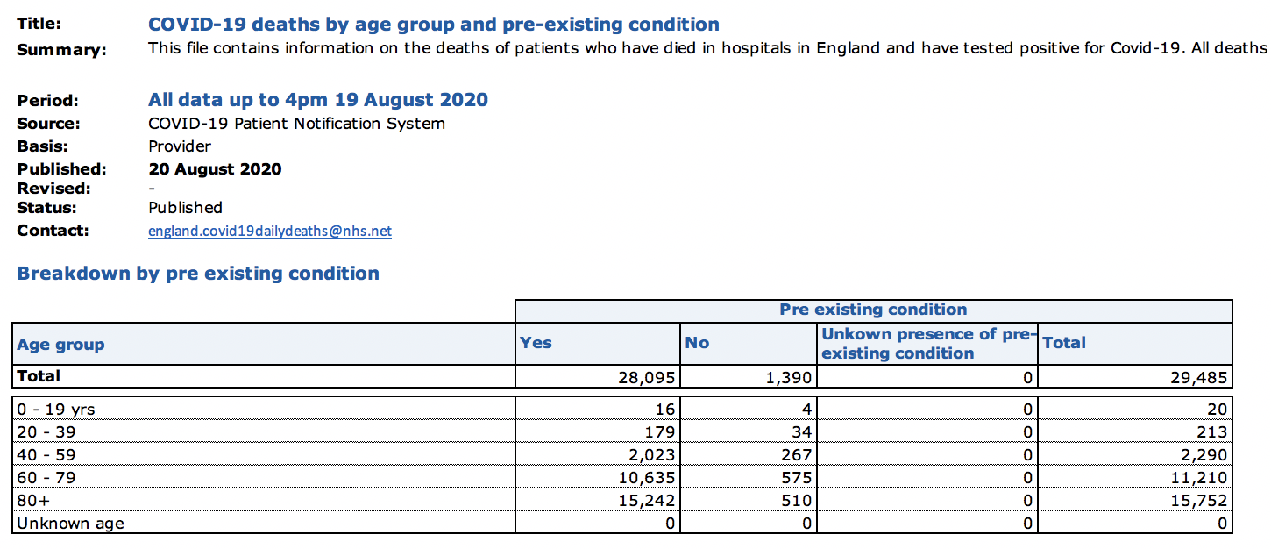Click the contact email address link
point(270,232)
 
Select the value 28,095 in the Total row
point(650,377)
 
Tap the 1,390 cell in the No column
point(790,377)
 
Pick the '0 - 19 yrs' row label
point(56,409)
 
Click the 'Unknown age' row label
point(70,524)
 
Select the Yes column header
point(536,343)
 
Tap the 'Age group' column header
point(60,345)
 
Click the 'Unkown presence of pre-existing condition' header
point(927,344)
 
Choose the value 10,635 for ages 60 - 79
point(645,478)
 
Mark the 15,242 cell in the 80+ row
point(645,501)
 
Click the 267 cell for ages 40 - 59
point(796,455)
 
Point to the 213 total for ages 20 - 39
point(1211,432)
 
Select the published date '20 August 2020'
point(215,169)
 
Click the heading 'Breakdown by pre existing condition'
point(198,274)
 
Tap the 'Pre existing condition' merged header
point(873,310)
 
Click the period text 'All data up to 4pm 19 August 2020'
point(318,100)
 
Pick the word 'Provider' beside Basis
point(180,146)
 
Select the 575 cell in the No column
point(796,478)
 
